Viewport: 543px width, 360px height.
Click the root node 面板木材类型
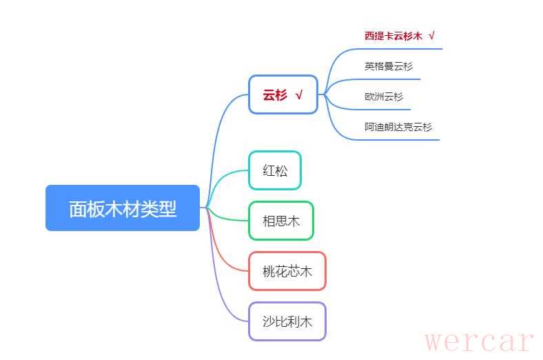123,208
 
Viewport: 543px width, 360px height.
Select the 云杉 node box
283,94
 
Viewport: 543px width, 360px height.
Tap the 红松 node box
275,170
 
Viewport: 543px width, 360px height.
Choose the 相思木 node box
281,221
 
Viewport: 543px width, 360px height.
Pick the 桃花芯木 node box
287,271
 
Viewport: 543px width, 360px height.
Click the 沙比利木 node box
287,321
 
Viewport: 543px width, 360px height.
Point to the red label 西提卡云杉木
393,36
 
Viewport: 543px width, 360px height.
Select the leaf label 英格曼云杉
389,66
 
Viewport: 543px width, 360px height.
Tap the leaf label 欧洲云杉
384,97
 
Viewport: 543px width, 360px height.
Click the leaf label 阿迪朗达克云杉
398,127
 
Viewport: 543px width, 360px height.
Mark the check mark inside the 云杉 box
299,95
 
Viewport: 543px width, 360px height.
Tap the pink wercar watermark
479,341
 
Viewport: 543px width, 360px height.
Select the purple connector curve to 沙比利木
224,290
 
